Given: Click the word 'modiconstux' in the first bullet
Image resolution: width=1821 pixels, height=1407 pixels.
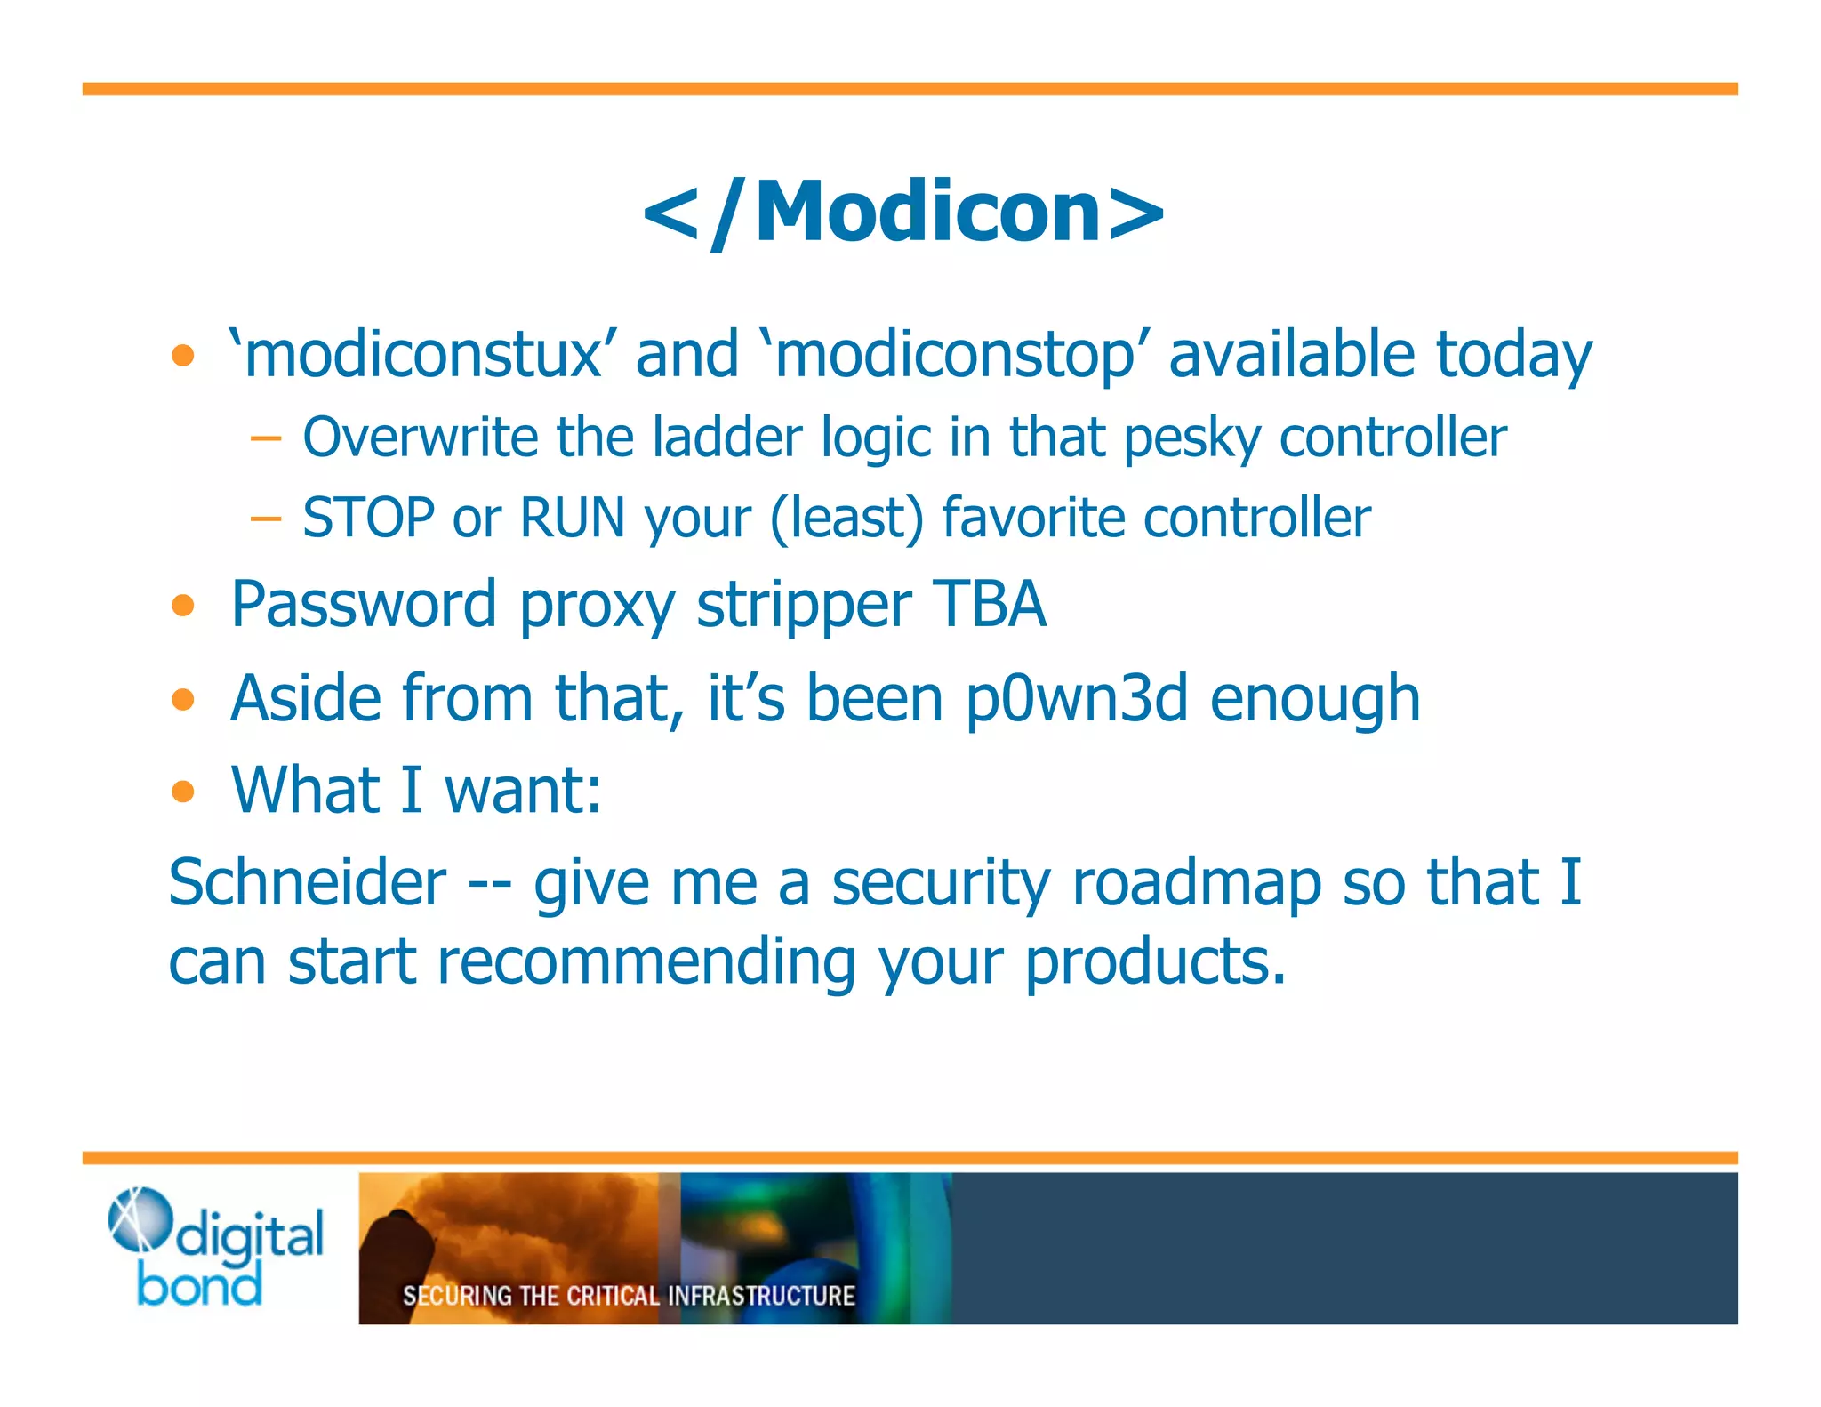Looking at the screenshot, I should tap(423, 355).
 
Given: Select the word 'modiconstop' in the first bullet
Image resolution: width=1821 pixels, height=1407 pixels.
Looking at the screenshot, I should tap(956, 355).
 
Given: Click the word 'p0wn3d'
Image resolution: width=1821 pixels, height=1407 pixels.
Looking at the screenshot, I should tap(1077, 699).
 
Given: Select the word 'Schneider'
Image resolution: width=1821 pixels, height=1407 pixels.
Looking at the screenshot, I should tap(307, 882).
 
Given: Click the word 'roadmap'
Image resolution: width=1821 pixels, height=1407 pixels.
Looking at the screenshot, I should tap(1196, 884).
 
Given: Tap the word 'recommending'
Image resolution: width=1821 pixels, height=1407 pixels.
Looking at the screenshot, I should tap(646, 963).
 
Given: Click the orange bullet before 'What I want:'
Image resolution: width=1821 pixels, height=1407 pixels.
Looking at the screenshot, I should tap(183, 791).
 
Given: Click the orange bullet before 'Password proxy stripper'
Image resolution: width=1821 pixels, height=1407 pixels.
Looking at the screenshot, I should tap(183, 606).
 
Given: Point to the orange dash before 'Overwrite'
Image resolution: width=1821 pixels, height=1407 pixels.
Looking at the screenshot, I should tap(265, 438).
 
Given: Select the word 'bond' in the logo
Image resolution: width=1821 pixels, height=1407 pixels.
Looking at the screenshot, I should tap(200, 1284).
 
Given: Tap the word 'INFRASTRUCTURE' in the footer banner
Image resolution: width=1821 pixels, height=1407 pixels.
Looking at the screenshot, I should tap(760, 1296).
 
